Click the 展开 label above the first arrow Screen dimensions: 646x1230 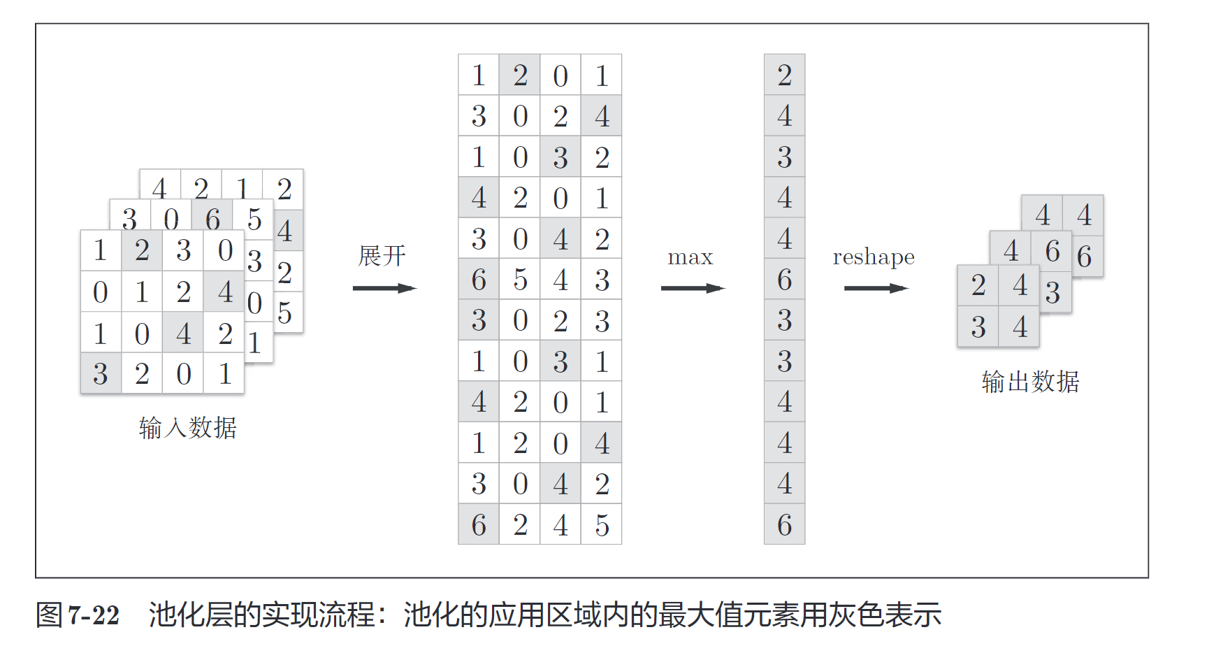[382, 256]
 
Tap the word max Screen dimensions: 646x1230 [690, 257]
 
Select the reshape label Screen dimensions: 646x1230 [874, 257]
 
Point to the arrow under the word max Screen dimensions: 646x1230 [693, 288]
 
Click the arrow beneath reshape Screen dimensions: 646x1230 [876, 288]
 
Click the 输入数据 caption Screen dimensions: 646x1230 [188, 427]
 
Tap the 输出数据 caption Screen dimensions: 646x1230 [1030, 382]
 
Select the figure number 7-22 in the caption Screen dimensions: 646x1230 [94, 615]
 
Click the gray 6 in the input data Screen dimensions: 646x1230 [212, 219]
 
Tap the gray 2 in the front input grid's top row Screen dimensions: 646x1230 [142, 250]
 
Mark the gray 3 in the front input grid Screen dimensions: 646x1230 [101, 374]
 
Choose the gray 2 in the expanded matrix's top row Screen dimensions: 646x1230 [520, 75]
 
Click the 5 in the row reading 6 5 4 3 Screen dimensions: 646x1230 [520, 280]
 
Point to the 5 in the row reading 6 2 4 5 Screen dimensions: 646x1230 [602, 525]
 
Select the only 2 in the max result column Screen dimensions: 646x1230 [784, 75]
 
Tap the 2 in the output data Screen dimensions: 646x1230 [978, 285]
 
